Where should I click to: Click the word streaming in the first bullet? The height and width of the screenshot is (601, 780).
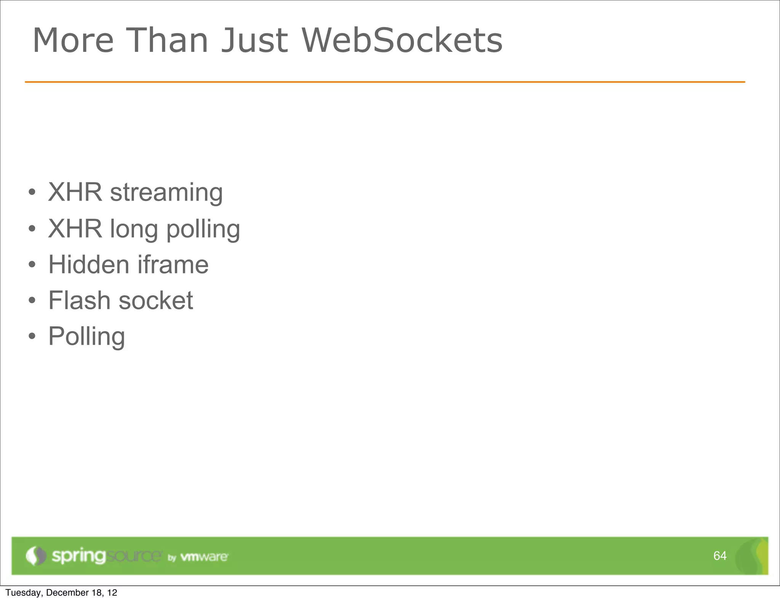tap(166, 193)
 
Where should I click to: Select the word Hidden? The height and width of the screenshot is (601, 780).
tap(89, 264)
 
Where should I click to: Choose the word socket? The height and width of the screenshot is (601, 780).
tap(156, 301)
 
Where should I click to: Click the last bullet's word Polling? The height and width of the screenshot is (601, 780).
tap(86, 337)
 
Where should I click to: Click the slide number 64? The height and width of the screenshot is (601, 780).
tap(719, 556)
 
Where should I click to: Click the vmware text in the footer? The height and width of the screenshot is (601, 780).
tap(204, 557)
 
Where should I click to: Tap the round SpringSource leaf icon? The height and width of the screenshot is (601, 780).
tap(36, 556)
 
